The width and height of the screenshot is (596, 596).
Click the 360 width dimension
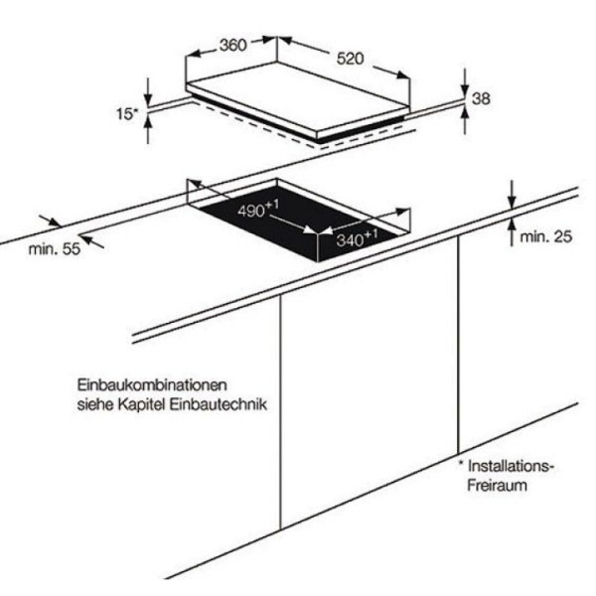(x=233, y=46)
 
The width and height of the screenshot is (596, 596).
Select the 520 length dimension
(x=350, y=59)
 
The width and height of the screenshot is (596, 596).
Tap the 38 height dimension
(x=481, y=98)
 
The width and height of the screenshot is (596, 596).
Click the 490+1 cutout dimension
(x=257, y=209)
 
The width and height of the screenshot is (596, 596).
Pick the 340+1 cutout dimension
(x=357, y=238)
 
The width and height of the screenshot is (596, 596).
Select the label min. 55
(x=55, y=249)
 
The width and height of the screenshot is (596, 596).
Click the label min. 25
(x=545, y=236)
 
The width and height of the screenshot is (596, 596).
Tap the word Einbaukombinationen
(x=152, y=384)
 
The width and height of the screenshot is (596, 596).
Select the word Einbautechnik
(x=219, y=404)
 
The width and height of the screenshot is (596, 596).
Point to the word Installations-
(x=510, y=466)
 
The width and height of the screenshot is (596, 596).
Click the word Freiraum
(x=497, y=486)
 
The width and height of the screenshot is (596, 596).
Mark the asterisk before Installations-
(x=462, y=464)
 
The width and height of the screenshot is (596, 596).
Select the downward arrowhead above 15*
(x=148, y=99)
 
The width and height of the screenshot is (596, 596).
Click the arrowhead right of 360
(x=267, y=40)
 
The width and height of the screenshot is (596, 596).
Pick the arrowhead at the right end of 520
(x=403, y=74)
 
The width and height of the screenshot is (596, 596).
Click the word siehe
(x=95, y=404)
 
